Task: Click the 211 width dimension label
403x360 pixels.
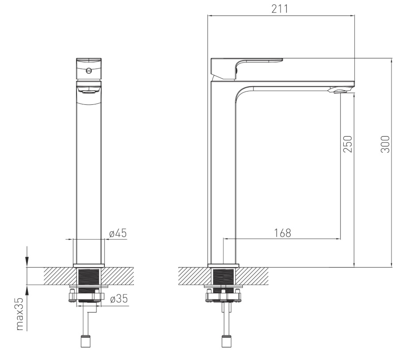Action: coord(280,9)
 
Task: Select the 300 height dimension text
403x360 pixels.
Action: coord(385,144)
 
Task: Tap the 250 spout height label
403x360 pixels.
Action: coord(348,144)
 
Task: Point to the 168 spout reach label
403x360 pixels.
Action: coord(283,233)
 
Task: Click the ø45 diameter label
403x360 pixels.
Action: coord(118,233)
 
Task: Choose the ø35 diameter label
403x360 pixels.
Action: coord(119,299)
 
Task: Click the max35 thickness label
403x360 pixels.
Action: coord(20,314)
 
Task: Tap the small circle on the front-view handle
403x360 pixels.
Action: coord(88,70)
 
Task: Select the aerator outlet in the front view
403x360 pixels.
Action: coord(89,91)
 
